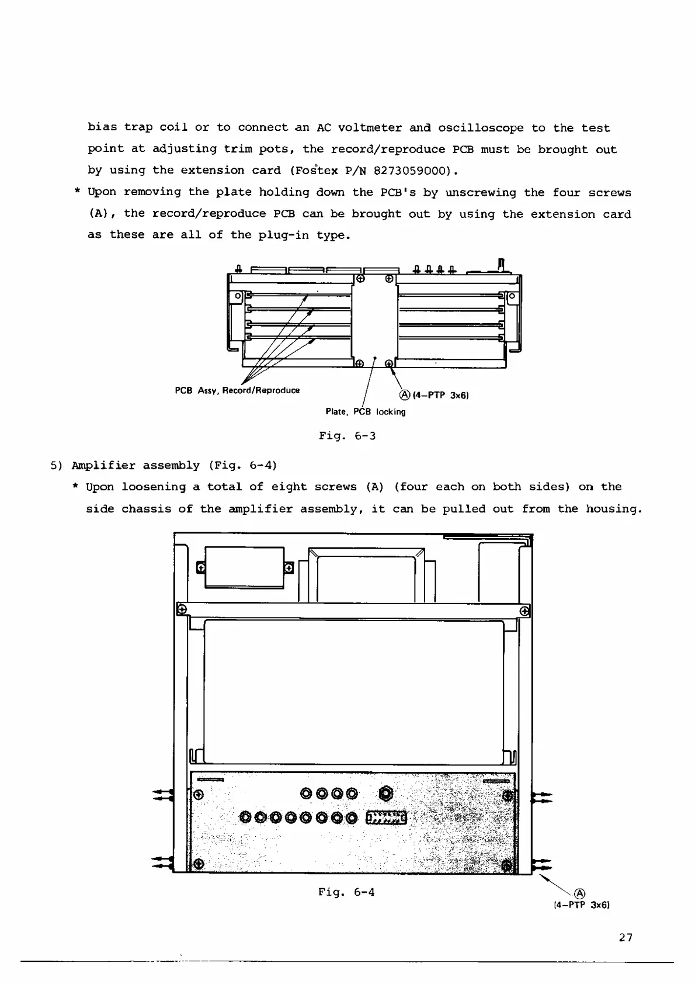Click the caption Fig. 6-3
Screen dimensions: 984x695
347,436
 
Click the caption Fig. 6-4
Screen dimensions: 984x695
346,892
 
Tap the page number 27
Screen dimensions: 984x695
625,937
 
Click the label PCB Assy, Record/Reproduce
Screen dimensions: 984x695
237,390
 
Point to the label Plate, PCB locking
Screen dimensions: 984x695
365,412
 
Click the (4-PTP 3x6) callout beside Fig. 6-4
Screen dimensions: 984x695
581,905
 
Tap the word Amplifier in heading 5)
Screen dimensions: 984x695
103,466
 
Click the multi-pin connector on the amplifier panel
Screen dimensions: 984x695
386,817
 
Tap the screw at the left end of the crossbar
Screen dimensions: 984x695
182,609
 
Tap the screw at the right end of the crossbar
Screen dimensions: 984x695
524,611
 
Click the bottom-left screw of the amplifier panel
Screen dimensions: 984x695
198,864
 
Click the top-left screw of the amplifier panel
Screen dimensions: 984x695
198,795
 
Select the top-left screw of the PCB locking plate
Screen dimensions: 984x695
360,279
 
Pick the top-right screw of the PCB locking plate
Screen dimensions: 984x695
389,279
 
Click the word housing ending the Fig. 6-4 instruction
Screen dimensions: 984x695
613,509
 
